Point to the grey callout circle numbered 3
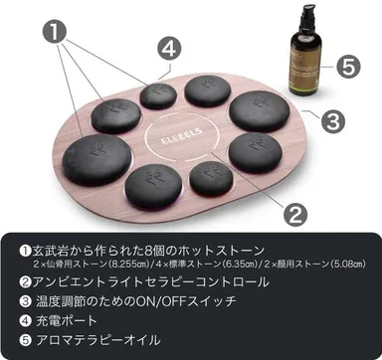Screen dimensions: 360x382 (334, 120)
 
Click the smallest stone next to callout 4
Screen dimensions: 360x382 (155, 95)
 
